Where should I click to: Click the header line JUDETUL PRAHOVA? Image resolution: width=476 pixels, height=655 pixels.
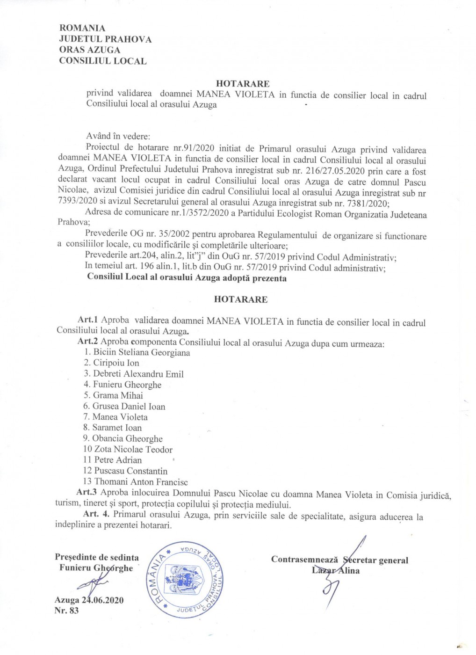point(105,39)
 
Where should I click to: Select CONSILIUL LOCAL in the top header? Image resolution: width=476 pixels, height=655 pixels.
point(102,61)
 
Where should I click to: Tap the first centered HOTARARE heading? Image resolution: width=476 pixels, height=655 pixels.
point(243,84)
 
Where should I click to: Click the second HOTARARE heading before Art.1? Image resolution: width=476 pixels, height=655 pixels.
point(241,299)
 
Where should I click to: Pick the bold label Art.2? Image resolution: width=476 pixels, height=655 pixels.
point(87,342)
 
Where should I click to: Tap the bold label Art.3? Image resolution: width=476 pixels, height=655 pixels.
point(87,492)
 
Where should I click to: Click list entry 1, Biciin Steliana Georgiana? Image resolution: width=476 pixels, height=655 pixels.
point(137,352)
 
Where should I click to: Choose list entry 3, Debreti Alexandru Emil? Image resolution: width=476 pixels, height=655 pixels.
point(134,374)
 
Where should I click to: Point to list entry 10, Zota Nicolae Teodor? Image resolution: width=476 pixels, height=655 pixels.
point(128,449)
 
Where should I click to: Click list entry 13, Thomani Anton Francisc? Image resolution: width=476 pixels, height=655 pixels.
point(135,481)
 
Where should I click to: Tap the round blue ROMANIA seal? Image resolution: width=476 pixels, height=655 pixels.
point(186,580)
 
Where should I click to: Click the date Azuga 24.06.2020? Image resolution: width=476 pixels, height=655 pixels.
point(89,600)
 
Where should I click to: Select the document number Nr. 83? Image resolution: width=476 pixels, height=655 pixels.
point(66,611)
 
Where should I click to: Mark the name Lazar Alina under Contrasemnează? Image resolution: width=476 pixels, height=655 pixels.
point(336,571)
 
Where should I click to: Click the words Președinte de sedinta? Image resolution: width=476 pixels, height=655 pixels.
point(97,557)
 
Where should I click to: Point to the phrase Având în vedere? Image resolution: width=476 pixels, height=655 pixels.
point(118,136)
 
